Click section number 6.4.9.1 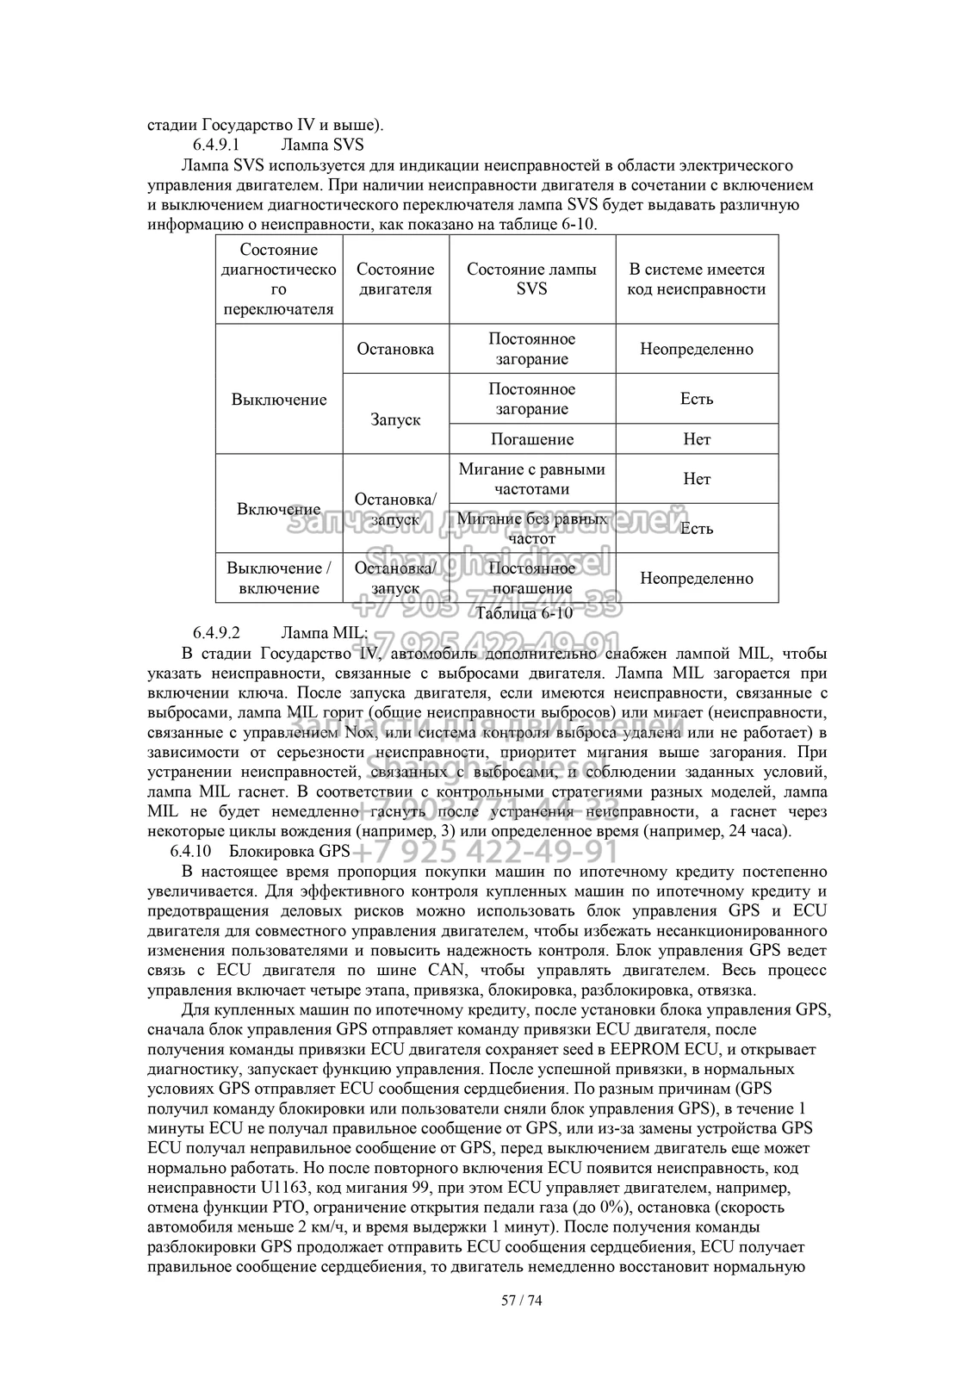215,144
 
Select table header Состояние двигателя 395,279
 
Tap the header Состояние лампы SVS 531,279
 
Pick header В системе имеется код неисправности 696,279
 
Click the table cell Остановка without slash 395,349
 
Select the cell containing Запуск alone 395,419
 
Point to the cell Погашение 531,439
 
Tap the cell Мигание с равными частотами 531,479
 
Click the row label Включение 278,509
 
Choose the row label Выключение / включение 278,578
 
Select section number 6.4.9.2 215,633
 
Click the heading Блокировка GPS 289,852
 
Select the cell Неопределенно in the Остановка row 696,349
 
